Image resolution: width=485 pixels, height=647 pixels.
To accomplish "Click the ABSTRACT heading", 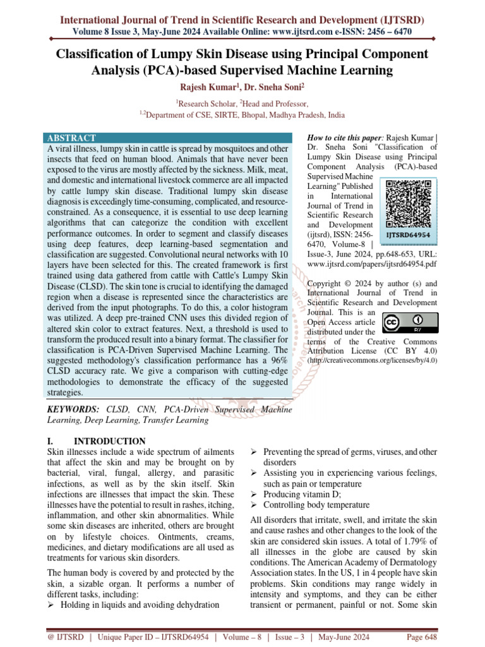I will pyautogui.click(x=71, y=138).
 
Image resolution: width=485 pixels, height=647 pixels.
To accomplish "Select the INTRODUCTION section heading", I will pyautogui.click(x=110, y=441).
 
